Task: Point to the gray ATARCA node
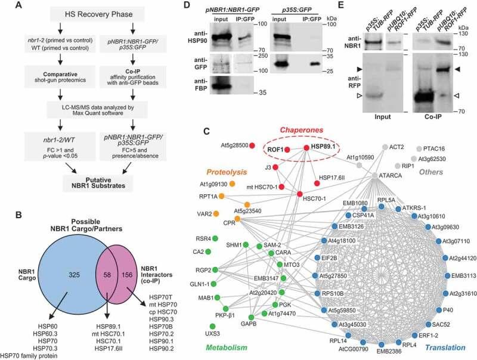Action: pyautogui.click(x=374, y=176)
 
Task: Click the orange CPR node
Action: pyautogui.click(x=236, y=221)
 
